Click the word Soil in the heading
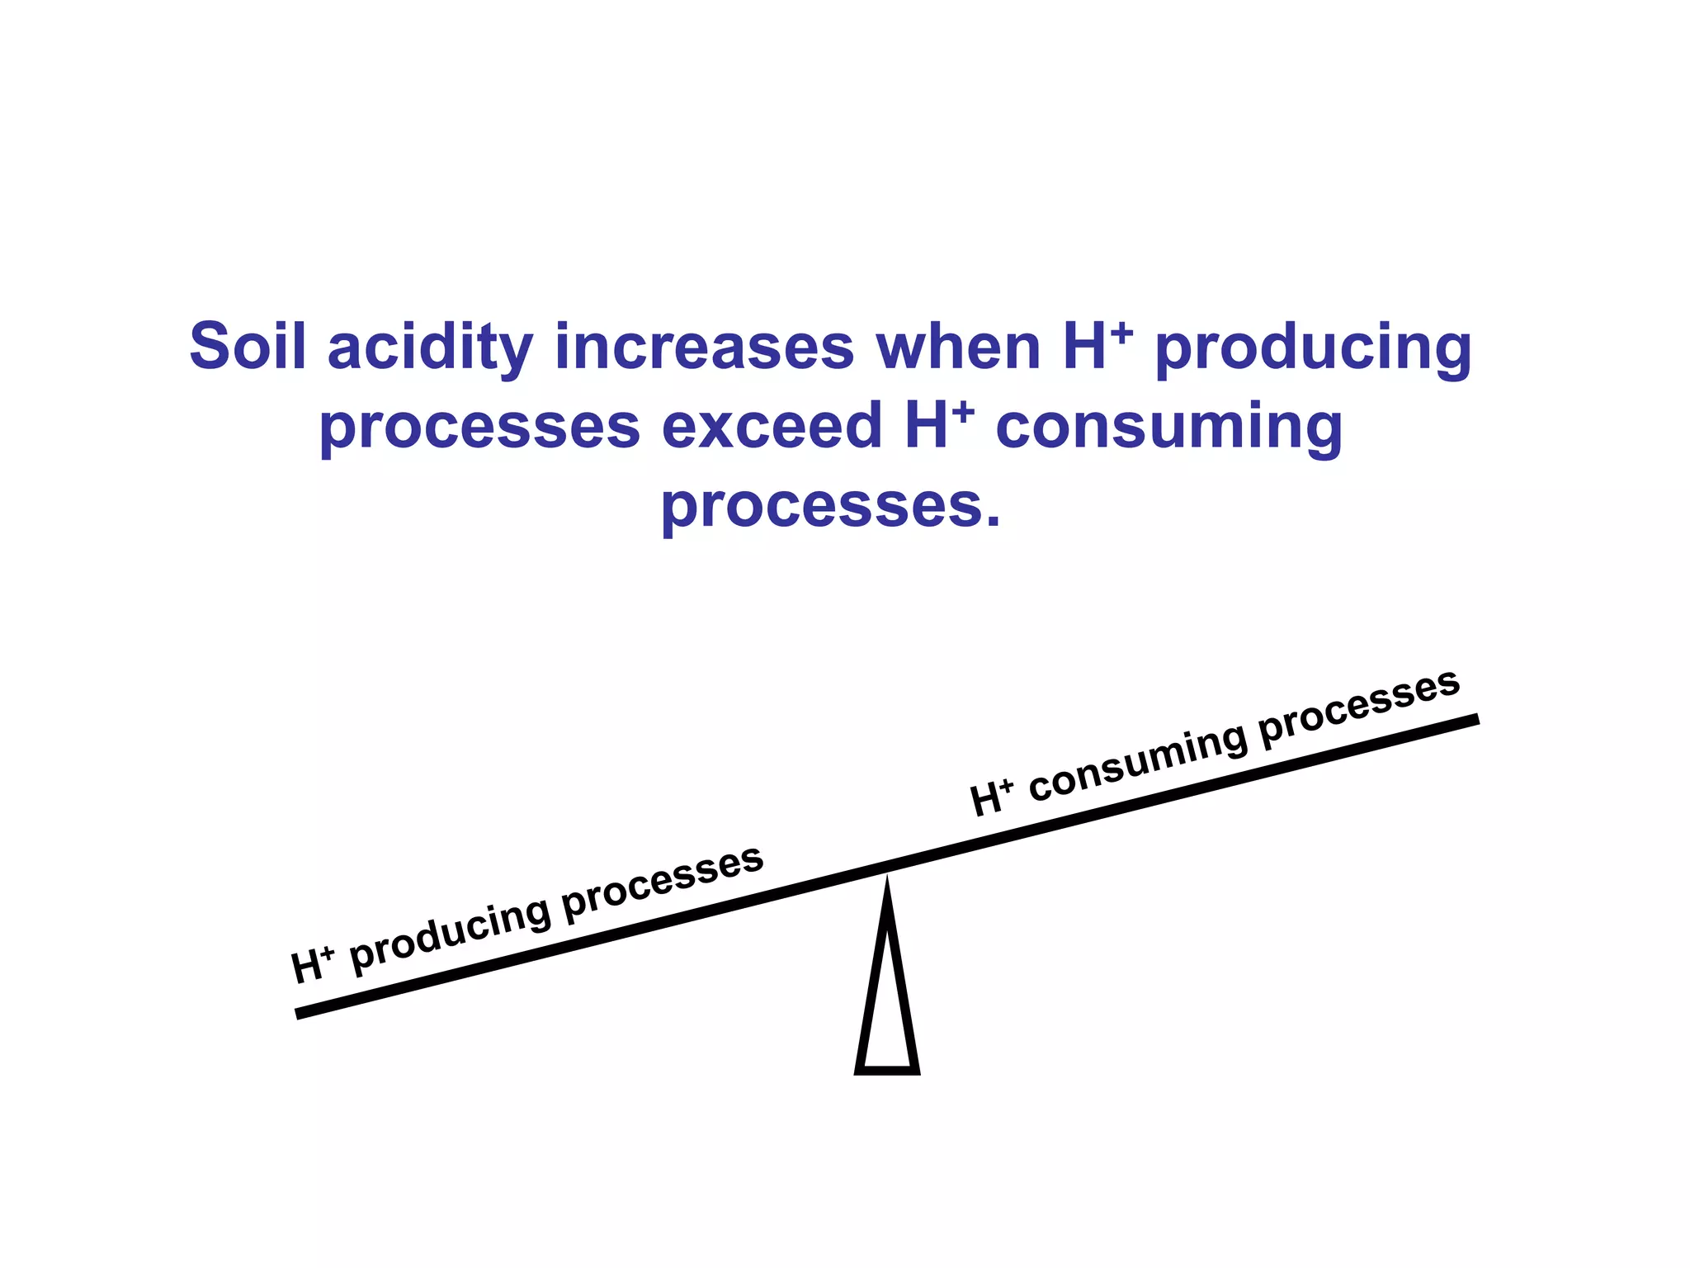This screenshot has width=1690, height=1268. [x=248, y=346]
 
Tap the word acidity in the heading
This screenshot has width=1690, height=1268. [x=430, y=348]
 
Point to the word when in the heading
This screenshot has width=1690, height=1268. [x=958, y=348]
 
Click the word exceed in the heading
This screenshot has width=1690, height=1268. [x=772, y=426]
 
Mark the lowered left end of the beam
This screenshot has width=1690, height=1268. [x=302, y=1012]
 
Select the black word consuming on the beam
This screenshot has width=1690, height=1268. [x=1138, y=764]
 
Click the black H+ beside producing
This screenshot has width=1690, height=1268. [x=312, y=965]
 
